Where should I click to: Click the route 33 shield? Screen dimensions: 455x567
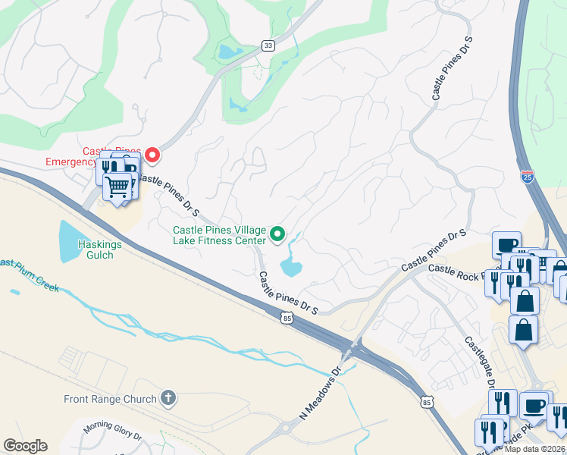[x=268, y=45]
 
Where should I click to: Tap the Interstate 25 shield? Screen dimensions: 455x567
[x=528, y=177]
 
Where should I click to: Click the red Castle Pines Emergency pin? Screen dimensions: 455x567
[x=152, y=155]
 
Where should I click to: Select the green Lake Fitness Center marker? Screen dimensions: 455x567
[x=277, y=235]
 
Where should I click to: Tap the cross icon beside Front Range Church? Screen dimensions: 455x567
[x=168, y=398]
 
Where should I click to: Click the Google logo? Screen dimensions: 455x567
[x=25, y=446]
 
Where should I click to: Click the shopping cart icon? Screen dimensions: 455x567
[x=117, y=185]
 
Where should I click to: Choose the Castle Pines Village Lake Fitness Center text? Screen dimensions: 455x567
[x=219, y=236]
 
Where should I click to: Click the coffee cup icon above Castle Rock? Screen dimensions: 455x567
[x=506, y=245]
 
